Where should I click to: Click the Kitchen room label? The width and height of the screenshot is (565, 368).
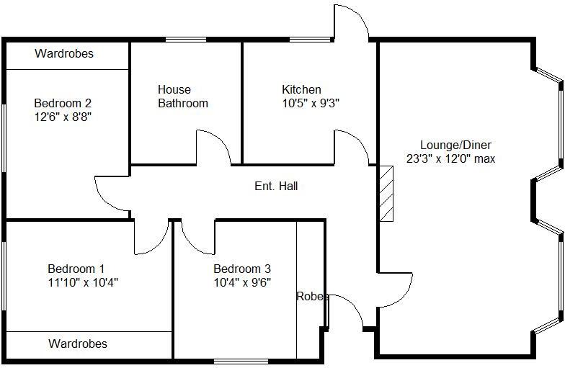click(x=301, y=89)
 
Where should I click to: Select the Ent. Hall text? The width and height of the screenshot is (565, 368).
click(x=276, y=187)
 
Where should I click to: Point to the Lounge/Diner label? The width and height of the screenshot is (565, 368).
click(x=450, y=145)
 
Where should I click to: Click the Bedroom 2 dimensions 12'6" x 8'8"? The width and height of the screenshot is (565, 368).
click(x=63, y=115)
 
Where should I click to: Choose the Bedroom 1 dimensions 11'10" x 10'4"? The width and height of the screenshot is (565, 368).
click(x=82, y=282)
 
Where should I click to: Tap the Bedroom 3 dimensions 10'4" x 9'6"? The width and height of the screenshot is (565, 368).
click(x=242, y=282)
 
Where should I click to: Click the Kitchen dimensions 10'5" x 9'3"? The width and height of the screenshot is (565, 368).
click(x=311, y=103)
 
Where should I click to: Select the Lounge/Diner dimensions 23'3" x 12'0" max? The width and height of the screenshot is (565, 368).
click(x=450, y=158)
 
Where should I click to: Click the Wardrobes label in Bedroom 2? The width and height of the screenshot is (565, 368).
click(x=63, y=54)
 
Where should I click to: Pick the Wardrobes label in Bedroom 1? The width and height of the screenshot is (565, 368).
click(x=78, y=344)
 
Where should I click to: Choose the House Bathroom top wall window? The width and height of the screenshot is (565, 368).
click(x=186, y=40)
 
